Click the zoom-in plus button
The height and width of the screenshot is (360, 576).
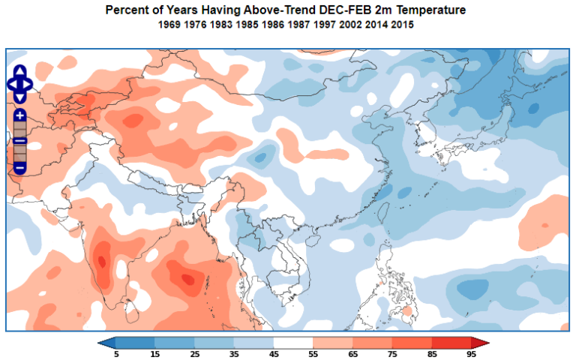[x=20, y=115]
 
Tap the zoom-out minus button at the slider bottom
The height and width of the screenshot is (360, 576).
[x=20, y=166]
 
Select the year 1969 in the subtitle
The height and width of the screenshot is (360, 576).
[x=171, y=25]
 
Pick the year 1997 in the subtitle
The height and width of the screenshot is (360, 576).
[x=324, y=25]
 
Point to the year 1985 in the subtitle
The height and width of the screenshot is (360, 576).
[x=247, y=25]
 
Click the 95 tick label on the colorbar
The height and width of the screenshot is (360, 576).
[x=472, y=353]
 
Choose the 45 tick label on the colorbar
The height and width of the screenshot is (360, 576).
[x=275, y=353]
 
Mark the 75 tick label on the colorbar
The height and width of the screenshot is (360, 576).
[x=394, y=353]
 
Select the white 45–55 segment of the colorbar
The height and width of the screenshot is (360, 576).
[x=295, y=343]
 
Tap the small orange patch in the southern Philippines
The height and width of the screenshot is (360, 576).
[x=407, y=310]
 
